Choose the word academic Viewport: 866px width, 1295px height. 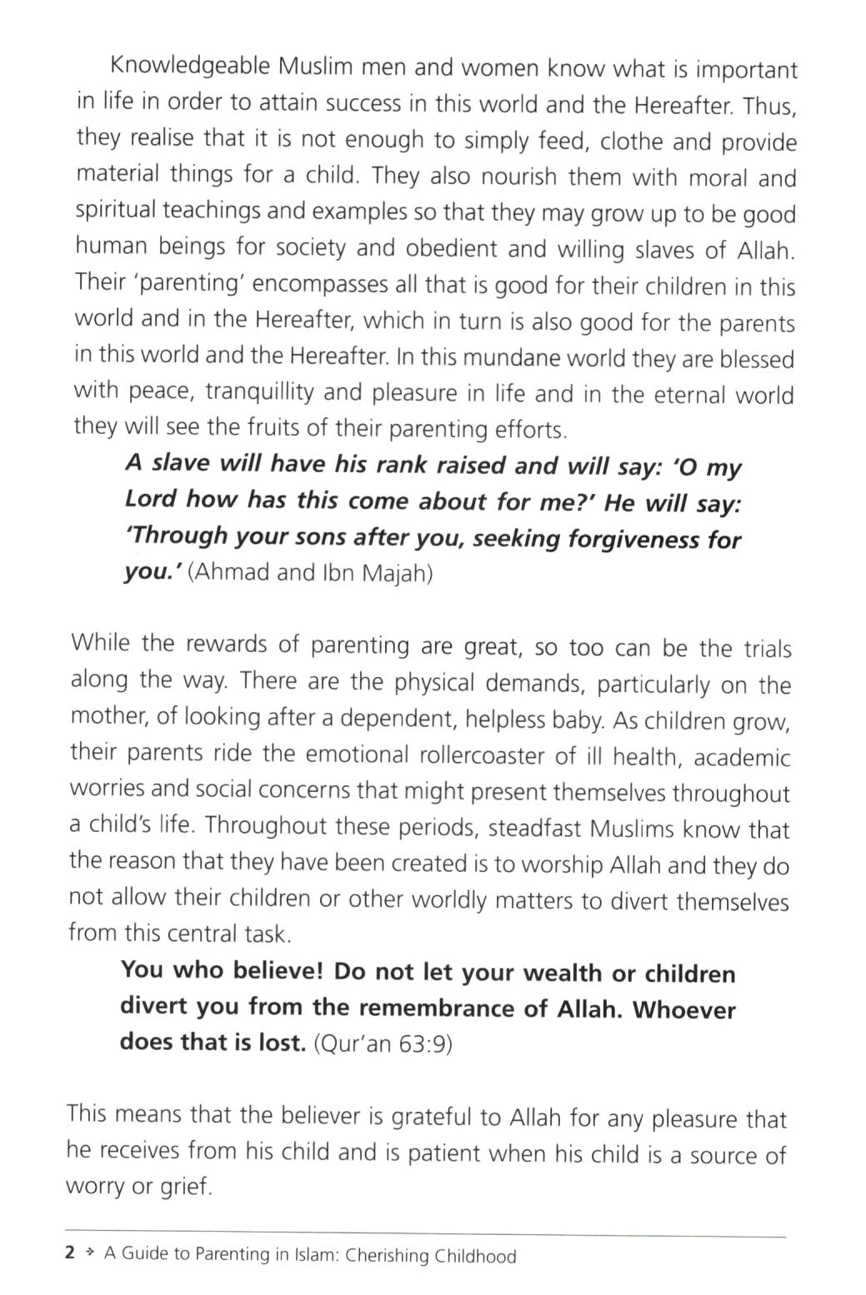pos(742,757)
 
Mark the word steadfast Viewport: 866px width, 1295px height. pos(535,829)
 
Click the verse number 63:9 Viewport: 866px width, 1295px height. pos(424,1043)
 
